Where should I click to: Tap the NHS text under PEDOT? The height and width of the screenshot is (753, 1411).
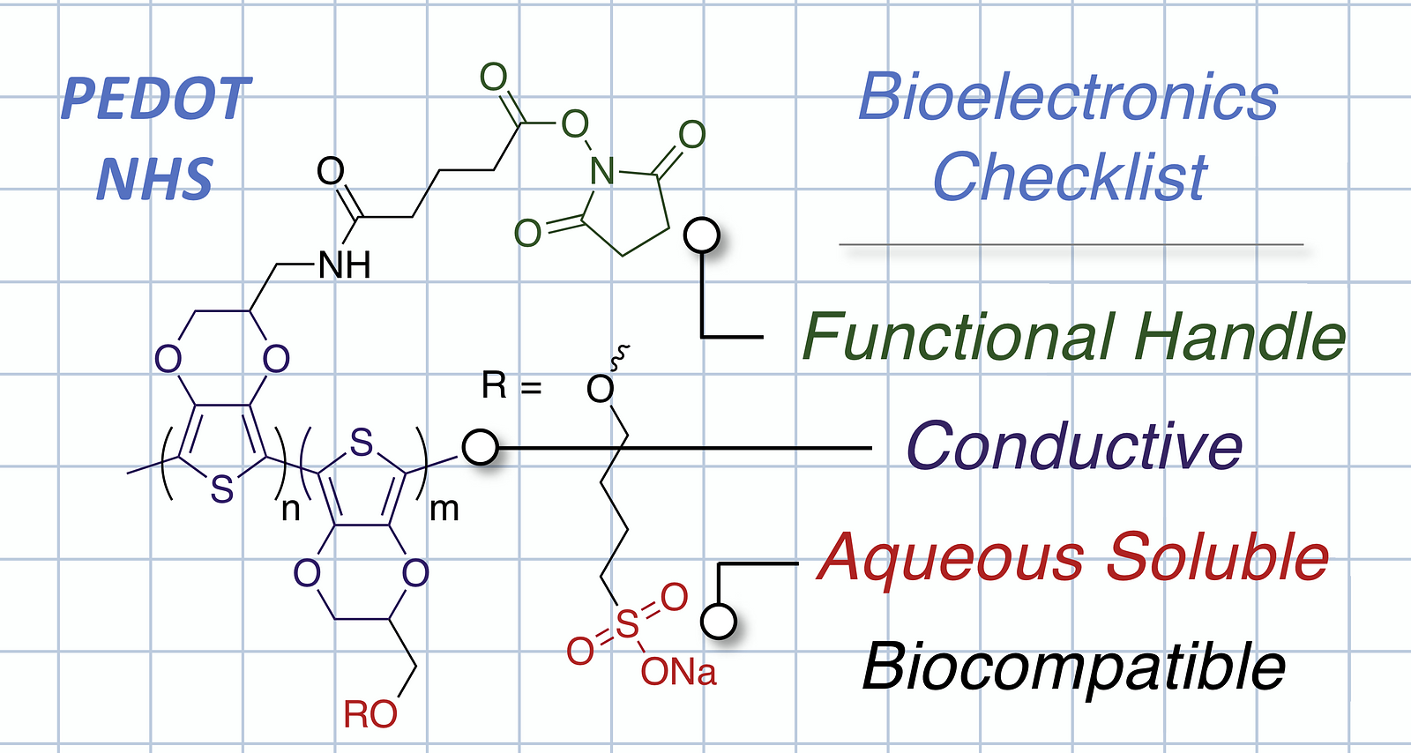point(154,180)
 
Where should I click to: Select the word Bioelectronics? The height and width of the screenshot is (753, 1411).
point(1068,96)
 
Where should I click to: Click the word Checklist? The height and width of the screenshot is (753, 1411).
point(1070,177)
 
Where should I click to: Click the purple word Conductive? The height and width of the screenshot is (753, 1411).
point(1075,446)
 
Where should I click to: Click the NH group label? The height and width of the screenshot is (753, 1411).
point(345,265)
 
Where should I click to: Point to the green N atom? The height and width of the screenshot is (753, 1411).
point(601,171)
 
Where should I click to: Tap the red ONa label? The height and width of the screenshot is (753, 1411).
point(678,673)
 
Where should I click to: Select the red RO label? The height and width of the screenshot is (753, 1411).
point(370,714)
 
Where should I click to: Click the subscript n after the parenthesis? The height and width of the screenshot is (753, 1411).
point(290,510)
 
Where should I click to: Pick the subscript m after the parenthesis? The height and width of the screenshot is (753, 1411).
point(444,510)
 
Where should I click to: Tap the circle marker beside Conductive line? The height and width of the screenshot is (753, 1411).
point(480,448)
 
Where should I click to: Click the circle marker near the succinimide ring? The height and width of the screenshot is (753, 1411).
point(702,235)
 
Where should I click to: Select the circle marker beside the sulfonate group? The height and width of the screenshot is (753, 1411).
point(719,621)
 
